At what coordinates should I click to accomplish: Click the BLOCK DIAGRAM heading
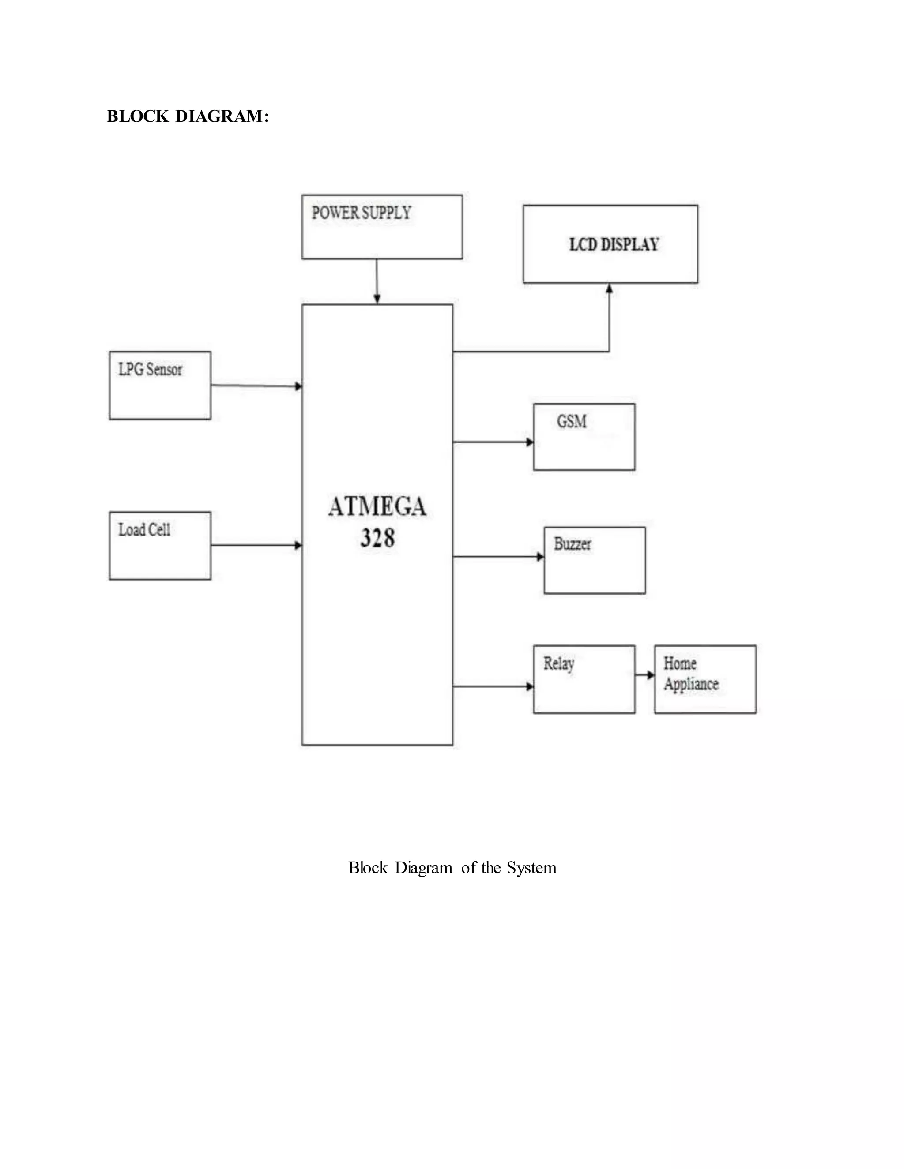coord(188,116)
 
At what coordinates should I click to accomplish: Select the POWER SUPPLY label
coord(362,213)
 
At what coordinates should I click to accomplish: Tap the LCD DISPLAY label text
coord(614,245)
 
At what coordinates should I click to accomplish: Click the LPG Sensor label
coord(150,369)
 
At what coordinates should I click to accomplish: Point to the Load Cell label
coord(144,530)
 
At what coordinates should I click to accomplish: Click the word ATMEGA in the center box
coord(377,507)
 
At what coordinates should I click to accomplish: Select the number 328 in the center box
coord(377,538)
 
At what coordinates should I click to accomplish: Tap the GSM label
coord(572,422)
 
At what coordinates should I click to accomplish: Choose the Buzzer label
coord(573,544)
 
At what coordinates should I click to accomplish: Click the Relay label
coord(558,664)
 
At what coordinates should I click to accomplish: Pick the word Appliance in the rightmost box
coord(691,685)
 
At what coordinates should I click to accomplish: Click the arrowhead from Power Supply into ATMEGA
coord(377,299)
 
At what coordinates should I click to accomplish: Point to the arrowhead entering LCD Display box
coord(609,289)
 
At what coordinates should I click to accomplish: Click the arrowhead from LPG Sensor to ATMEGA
coord(298,386)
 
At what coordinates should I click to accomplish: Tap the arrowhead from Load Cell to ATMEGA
coord(298,545)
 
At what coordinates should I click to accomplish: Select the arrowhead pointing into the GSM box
coord(530,442)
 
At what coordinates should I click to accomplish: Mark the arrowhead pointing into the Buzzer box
coord(540,557)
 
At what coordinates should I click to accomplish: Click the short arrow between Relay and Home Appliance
coord(645,675)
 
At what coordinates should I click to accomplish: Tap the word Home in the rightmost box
coord(680,664)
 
